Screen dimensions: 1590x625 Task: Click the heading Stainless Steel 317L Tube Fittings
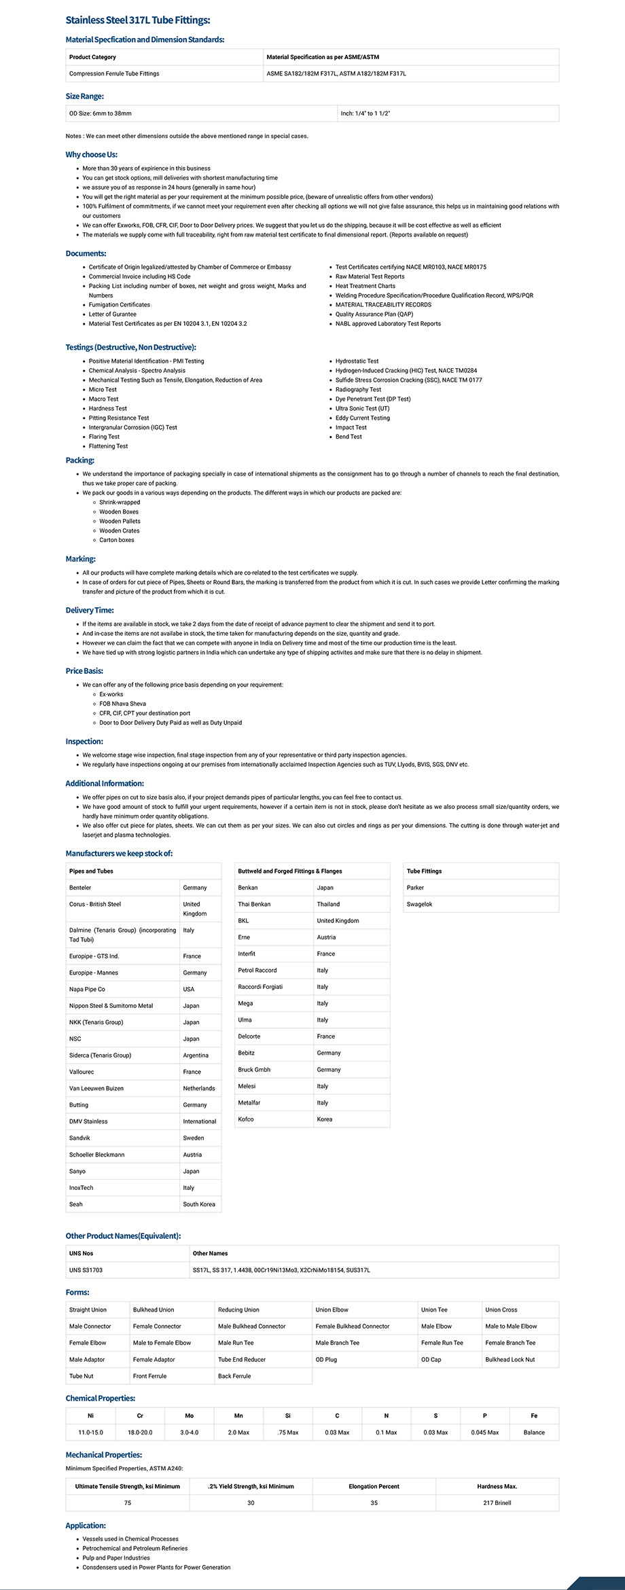137,20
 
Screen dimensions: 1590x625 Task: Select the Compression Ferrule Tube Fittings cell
114,73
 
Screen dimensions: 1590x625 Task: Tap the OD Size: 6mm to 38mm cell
101,113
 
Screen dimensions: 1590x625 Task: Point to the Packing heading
80,460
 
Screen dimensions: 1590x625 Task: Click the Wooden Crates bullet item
119,530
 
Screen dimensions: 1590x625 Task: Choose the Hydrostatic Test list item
357,361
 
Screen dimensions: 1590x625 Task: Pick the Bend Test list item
349,437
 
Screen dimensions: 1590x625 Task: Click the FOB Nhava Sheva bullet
122,704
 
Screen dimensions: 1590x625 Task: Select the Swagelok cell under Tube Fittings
419,904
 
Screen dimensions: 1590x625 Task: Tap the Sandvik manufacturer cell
79,1138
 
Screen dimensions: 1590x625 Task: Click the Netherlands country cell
198,1088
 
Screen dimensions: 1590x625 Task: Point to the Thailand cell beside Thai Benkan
328,904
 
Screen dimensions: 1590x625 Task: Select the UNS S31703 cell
86,1270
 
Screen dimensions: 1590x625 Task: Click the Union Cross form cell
501,1309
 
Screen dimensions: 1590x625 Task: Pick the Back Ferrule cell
234,1376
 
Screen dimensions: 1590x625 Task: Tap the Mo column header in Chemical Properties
189,1416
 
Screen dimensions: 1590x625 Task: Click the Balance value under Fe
533,1432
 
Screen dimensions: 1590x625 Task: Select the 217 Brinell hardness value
497,1503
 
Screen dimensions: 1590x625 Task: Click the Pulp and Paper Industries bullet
115,1558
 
